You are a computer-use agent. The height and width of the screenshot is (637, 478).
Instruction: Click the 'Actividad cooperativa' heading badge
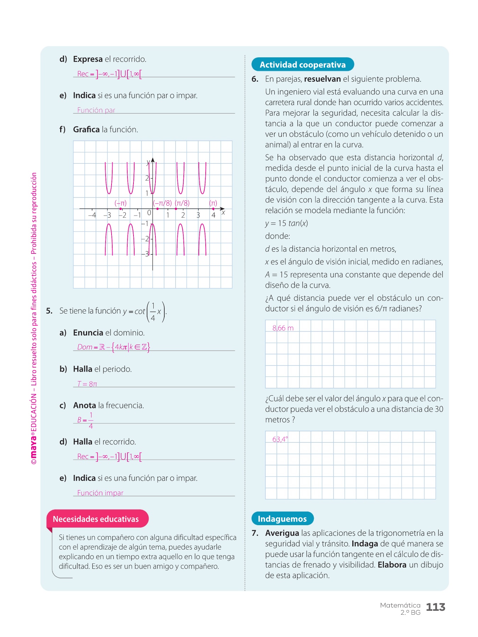coord(302,64)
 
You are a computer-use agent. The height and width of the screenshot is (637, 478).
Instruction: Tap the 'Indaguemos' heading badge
coord(282,518)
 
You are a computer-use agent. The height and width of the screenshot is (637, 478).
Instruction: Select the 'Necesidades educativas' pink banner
coord(96,519)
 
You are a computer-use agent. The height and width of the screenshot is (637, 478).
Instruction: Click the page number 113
coord(435,607)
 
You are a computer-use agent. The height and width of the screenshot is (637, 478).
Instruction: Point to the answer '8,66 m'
coord(283,328)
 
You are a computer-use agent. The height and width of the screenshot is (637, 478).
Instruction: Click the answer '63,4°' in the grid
coord(280,439)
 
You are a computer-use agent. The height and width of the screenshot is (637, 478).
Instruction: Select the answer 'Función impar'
coord(100,493)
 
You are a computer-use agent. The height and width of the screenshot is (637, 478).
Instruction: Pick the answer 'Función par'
coord(96,110)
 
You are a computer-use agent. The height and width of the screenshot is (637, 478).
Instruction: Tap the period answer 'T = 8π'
coord(87,384)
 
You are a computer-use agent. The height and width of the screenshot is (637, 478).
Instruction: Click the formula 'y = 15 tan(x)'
coord(286,223)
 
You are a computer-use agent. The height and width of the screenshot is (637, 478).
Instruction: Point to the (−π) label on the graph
coord(120,203)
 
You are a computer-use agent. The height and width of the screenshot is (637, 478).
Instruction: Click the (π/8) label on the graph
coord(182,203)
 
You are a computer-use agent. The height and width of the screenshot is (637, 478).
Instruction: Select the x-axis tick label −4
coord(92,215)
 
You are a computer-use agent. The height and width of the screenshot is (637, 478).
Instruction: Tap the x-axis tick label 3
coord(198,215)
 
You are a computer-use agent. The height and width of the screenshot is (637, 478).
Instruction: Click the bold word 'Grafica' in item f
coord(86,130)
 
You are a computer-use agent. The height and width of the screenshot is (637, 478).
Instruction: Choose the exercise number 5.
coord(49,311)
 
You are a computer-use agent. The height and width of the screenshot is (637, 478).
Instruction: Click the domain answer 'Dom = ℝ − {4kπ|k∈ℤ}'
coord(113,347)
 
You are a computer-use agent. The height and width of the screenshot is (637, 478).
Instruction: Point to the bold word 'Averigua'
coord(282,533)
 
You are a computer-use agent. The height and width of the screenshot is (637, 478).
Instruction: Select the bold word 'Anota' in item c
coord(85,406)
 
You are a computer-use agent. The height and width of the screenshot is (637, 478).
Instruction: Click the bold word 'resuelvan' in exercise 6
coord(322,79)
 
